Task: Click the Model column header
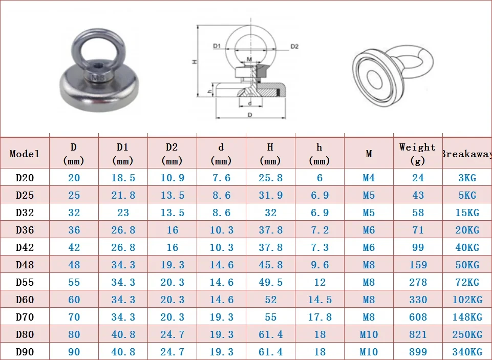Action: (x=25, y=154)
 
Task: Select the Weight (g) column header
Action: (x=418, y=154)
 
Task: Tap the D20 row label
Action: (x=25, y=178)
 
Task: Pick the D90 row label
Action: (x=25, y=352)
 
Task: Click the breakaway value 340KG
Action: (x=467, y=352)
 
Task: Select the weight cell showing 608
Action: (x=418, y=317)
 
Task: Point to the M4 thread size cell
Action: (x=369, y=178)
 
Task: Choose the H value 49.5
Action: (x=270, y=282)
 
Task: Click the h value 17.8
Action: (x=320, y=317)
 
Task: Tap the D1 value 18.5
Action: (x=123, y=178)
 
